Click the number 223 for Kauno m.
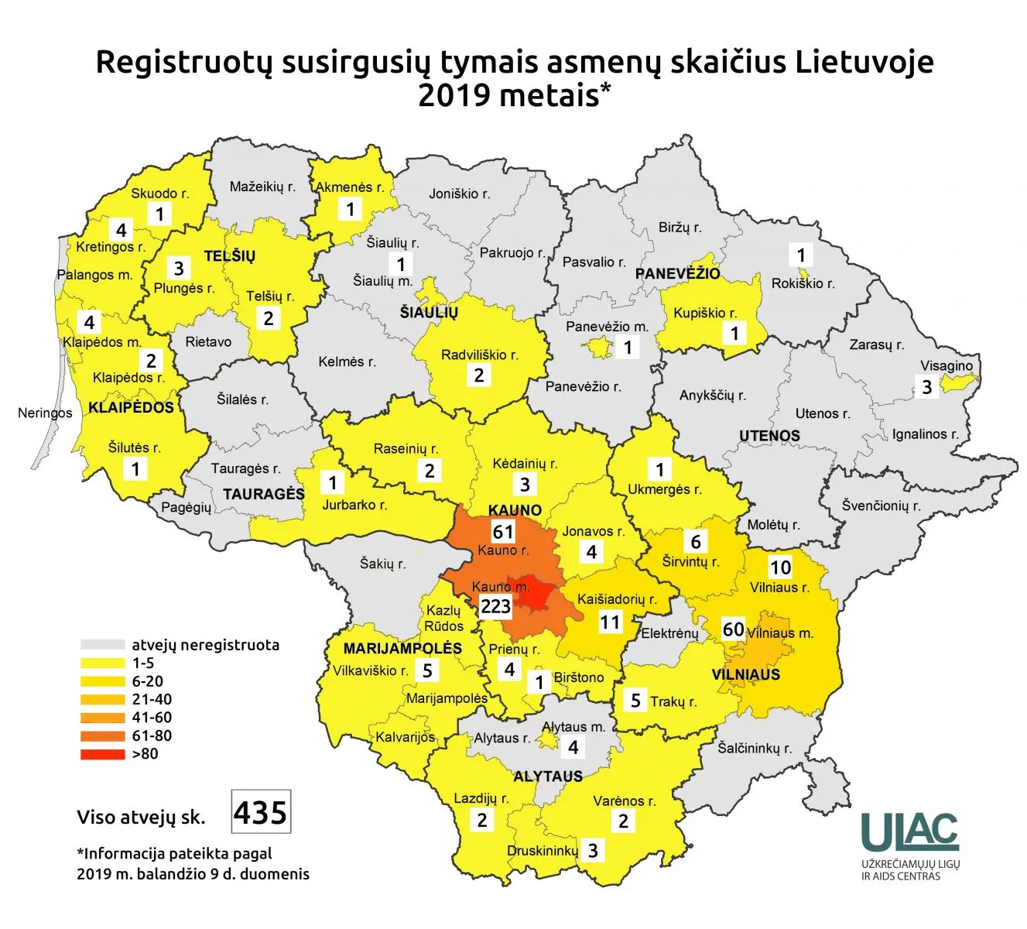pyautogui.click(x=496, y=606)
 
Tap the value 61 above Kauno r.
pyautogui.click(x=503, y=532)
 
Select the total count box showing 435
pyautogui.click(x=261, y=812)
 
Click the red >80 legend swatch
pyautogui.click(x=102, y=754)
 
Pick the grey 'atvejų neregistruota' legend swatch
pyautogui.click(x=102, y=645)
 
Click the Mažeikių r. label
pyautogui.click(x=262, y=187)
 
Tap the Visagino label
pyautogui.click(x=946, y=365)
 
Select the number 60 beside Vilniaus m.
pyautogui.click(x=733, y=629)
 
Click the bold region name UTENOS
pyautogui.click(x=769, y=436)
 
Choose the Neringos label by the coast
pyautogui.click(x=44, y=413)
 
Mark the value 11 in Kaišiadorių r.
pyautogui.click(x=610, y=622)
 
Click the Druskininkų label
pyautogui.click(x=542, y=851)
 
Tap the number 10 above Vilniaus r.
pyautogui.click(x=780, y=567)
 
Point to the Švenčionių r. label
pyautogui.click(x=881, y=506)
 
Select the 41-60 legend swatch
pyautogui.click(x=102, y=718)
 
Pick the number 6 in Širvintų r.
pyautogui.click(x=696, y=542)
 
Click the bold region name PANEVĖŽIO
pyautogui.click(x=677, y=273)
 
